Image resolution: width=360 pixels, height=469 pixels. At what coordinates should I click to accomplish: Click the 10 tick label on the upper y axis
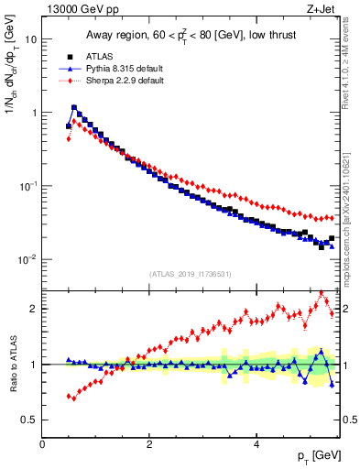(x=30, y=40)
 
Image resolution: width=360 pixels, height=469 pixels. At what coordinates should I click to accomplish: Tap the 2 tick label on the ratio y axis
(x=33, y=309)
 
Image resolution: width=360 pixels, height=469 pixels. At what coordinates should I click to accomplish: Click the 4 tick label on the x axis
(x=256, y=444)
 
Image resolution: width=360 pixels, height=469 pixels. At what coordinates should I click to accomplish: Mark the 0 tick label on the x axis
(x=42, y=444)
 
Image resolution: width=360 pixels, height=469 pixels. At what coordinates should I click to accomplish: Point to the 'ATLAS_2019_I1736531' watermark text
(x=190, y=274)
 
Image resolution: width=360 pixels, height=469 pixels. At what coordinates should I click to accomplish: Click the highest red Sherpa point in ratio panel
(x=322, y=292)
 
